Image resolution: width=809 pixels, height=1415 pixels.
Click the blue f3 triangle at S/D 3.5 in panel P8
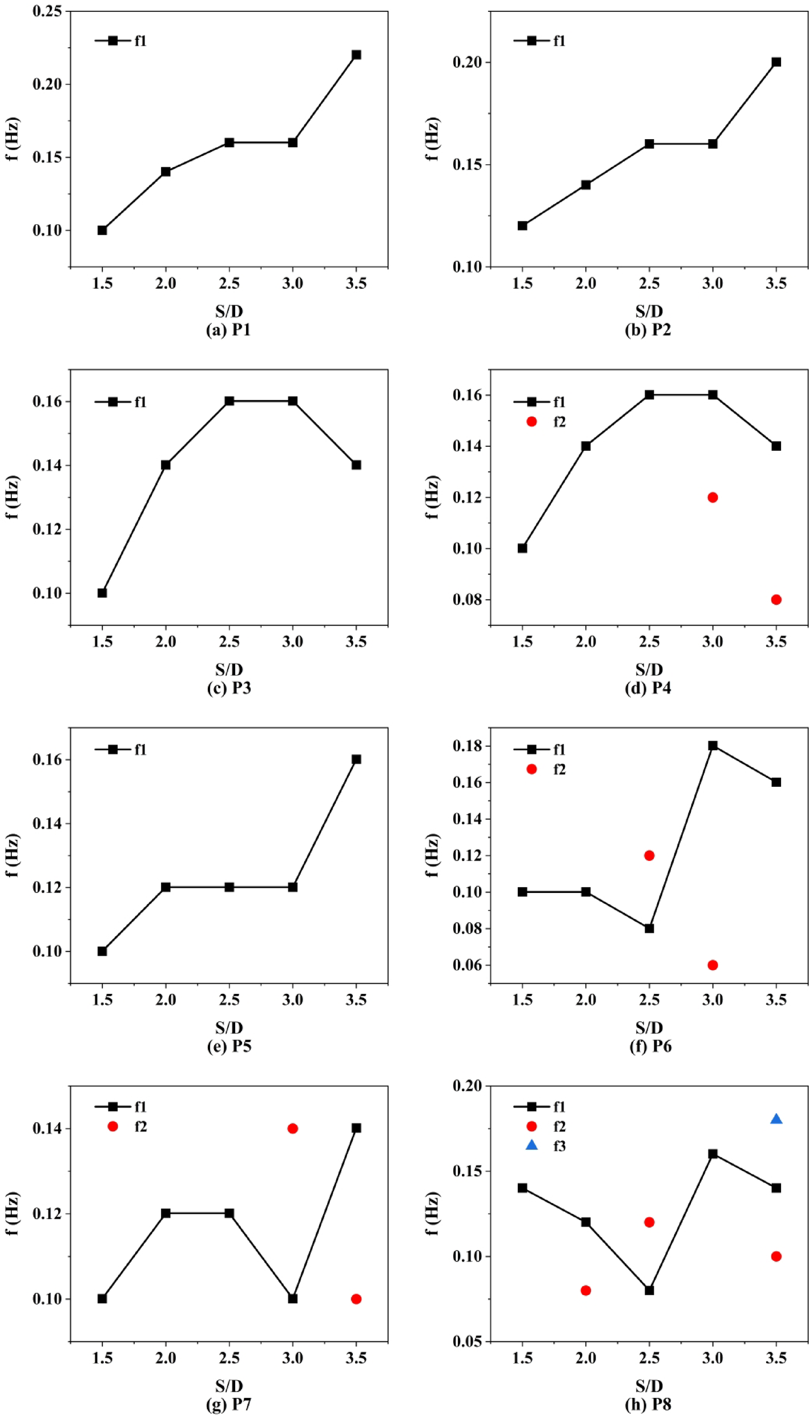coord(776,1119)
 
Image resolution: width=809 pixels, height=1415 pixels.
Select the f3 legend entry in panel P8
coord(545,1146)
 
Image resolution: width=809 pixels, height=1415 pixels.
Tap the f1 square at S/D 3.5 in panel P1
coord(356,55)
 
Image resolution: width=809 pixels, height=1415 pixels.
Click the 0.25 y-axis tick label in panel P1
coord(47,11)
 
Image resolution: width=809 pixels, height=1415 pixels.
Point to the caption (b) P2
coord(648,330)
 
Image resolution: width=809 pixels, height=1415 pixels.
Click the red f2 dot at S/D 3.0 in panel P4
coord(713,498)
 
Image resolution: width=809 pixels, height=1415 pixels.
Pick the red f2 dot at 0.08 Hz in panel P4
coord(776,600)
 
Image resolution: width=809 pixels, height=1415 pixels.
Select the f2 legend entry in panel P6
coord(545,769)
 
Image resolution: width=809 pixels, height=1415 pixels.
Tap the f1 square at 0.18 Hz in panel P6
coord(713,746)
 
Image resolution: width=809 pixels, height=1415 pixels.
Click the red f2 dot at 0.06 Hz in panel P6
coord(713,965)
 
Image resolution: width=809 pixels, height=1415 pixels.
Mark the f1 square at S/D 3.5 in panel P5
coord(356,759)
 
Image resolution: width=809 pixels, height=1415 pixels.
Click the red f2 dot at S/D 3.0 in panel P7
coord(293,1129)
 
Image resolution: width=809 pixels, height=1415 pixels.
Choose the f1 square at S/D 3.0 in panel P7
coord(293,1299)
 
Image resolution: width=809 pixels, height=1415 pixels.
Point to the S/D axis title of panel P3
coord(229,669)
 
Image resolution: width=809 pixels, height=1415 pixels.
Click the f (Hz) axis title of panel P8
coord(432,1213)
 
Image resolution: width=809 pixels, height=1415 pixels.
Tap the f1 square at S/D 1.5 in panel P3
coord(102,593)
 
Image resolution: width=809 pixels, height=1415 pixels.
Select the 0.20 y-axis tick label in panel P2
coord(467,62)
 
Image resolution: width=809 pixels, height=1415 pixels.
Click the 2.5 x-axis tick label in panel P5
coord(229,1000)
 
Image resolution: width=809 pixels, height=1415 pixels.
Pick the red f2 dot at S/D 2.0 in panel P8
coord(586,1291)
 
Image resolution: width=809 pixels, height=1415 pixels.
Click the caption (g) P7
coord(228,1404)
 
